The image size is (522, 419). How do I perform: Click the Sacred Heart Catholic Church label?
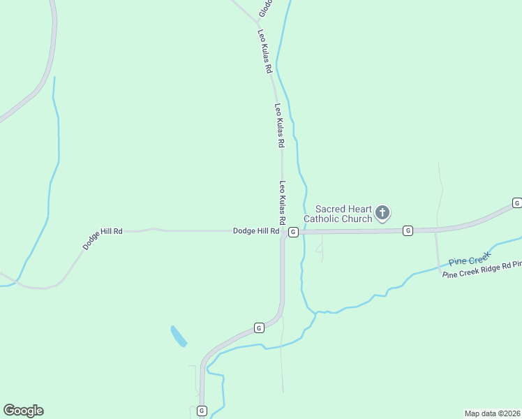(x=343, y=214)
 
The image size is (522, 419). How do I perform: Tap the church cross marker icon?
(x=382, y=212)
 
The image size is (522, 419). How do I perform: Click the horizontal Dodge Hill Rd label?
(x=256, y=230)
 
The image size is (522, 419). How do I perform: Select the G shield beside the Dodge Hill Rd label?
(x=293, y=232)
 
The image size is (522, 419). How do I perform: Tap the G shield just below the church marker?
(x=408, y=230)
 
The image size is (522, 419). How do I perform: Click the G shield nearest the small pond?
(x=258, y=327)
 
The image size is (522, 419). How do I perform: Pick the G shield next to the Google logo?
(x=202, y=411)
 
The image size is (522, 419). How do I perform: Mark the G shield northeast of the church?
(x=516, y=203)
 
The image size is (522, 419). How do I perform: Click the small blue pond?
(x=178, y=336)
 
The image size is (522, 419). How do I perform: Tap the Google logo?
(x=23, y=411)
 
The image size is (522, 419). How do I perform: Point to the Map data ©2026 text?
(x=492, y=413)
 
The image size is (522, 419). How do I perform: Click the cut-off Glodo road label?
(x=264, y=8)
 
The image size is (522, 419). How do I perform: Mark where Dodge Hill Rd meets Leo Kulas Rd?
(x=282, y=231)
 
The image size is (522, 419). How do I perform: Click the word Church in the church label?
(x=357, y=219)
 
